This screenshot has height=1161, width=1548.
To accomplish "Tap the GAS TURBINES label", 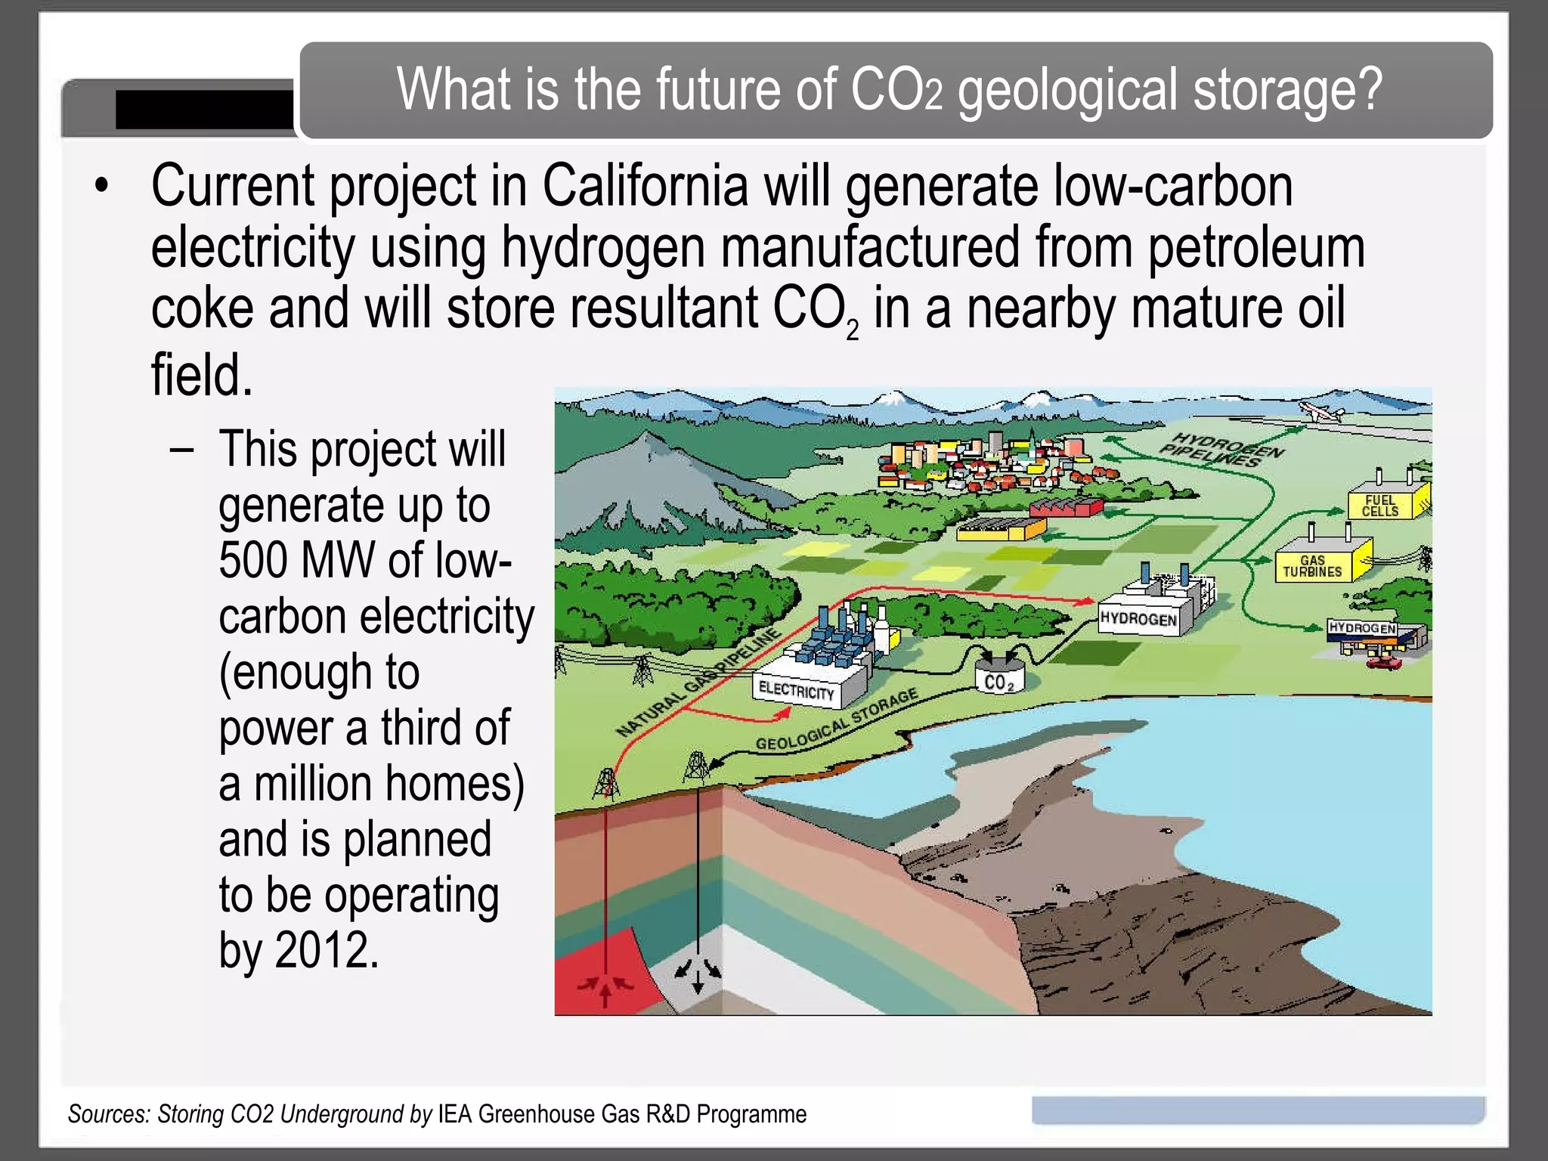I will pyautogui.click(x=1312, y=566).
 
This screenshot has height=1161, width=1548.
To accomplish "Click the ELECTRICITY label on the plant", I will pyautogui.click(x=796, y=690).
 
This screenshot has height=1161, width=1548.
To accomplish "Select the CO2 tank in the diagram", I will pyautogui.click(x=998, y=678).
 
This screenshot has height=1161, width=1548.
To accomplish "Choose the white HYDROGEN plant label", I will pyautogui.click(x=1138, y=619).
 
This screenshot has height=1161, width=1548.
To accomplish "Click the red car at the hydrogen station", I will pyautogui.click(x=1383, y=663).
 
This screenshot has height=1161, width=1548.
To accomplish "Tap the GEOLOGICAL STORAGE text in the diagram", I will pyautogui.click(x=836, y=720).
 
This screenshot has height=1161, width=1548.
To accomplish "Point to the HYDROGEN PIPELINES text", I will pyautogui.click(x=1221, y=450).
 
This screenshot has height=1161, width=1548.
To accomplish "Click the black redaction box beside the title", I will pyautogui.click(x=204, y=110).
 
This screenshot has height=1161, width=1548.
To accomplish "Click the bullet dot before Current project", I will pyautogui.click(x=102, y=186).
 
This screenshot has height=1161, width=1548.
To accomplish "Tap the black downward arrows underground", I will pyautogui.click(x=698, y=974).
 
